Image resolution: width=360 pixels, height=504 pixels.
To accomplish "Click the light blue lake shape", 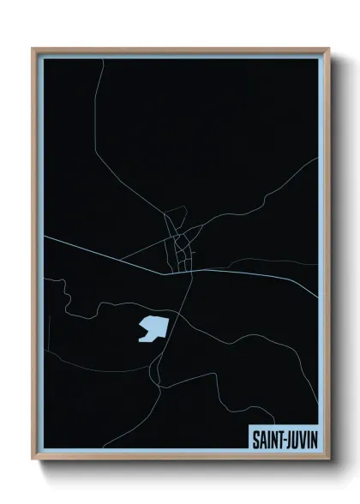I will [x=152, y=328].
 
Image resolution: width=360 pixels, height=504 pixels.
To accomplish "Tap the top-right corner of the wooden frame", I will [x=327, y=49].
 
